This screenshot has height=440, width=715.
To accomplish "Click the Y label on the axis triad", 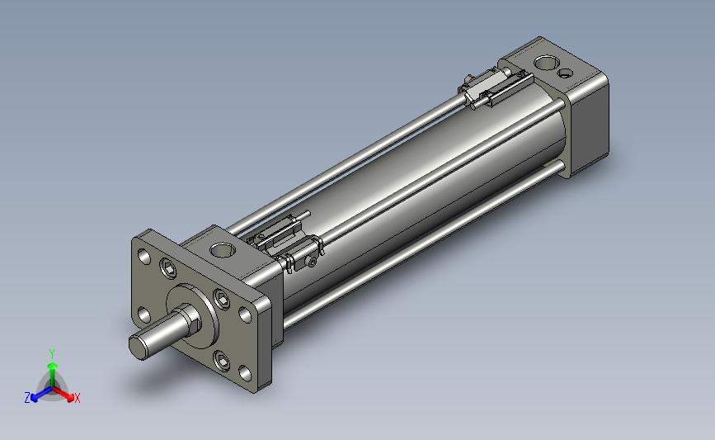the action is (51, 354).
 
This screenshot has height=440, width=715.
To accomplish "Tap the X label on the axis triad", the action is (77, 398).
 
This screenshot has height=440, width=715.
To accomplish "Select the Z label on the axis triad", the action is (27, 398).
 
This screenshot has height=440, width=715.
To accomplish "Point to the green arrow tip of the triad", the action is (53, 366).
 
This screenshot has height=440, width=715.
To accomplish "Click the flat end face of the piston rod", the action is (139, 348).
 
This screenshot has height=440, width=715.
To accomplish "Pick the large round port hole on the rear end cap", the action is (546, 63).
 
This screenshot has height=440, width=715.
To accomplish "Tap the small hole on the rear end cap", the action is (566, 73).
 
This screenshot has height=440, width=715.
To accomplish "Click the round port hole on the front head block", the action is (223, 249).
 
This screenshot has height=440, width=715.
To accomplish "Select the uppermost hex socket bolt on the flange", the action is (167, 268).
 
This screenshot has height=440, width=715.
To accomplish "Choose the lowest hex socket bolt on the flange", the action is (222, 361).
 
